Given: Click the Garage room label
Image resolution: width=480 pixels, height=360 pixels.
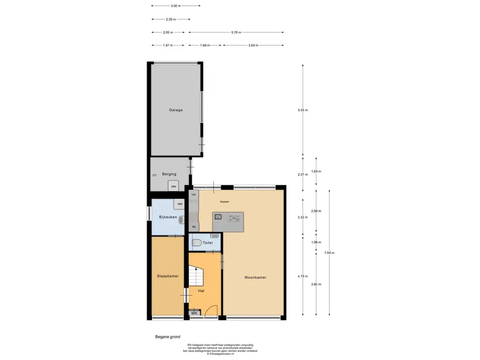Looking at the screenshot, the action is coord(176,110).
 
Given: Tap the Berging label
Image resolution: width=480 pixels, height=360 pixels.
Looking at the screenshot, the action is coord(169,174).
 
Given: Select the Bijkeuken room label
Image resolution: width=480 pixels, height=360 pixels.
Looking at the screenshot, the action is coord(168,217).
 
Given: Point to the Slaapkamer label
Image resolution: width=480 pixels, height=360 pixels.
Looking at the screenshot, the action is coord(168,276).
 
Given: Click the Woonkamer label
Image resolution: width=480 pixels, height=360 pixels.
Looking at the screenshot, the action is coord(255,277).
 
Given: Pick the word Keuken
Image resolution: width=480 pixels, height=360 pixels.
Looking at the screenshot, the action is coord(225,202).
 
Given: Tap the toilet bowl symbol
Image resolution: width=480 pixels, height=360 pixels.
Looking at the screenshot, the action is coord(197,243).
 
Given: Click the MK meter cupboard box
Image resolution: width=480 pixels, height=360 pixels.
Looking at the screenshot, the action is coord(195,313).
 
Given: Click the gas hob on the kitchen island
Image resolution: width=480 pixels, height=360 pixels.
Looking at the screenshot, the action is coord(234,217).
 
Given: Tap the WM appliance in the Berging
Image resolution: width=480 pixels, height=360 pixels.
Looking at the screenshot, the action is coord(173,186).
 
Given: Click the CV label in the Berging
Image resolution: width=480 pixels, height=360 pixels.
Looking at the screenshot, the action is coord(155,175).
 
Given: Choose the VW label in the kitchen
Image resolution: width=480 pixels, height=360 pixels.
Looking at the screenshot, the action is coord(194,195).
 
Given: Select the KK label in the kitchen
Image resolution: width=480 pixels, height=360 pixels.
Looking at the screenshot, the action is coord(194,227).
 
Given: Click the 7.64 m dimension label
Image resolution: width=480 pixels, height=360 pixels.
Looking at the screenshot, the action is coord(330,253).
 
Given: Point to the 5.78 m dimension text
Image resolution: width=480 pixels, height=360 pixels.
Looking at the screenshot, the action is coord(236,32).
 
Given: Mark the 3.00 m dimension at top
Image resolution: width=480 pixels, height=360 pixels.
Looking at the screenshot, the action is coord(176,6).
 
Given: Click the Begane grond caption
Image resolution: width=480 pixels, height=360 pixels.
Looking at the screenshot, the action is coord(168,337).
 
